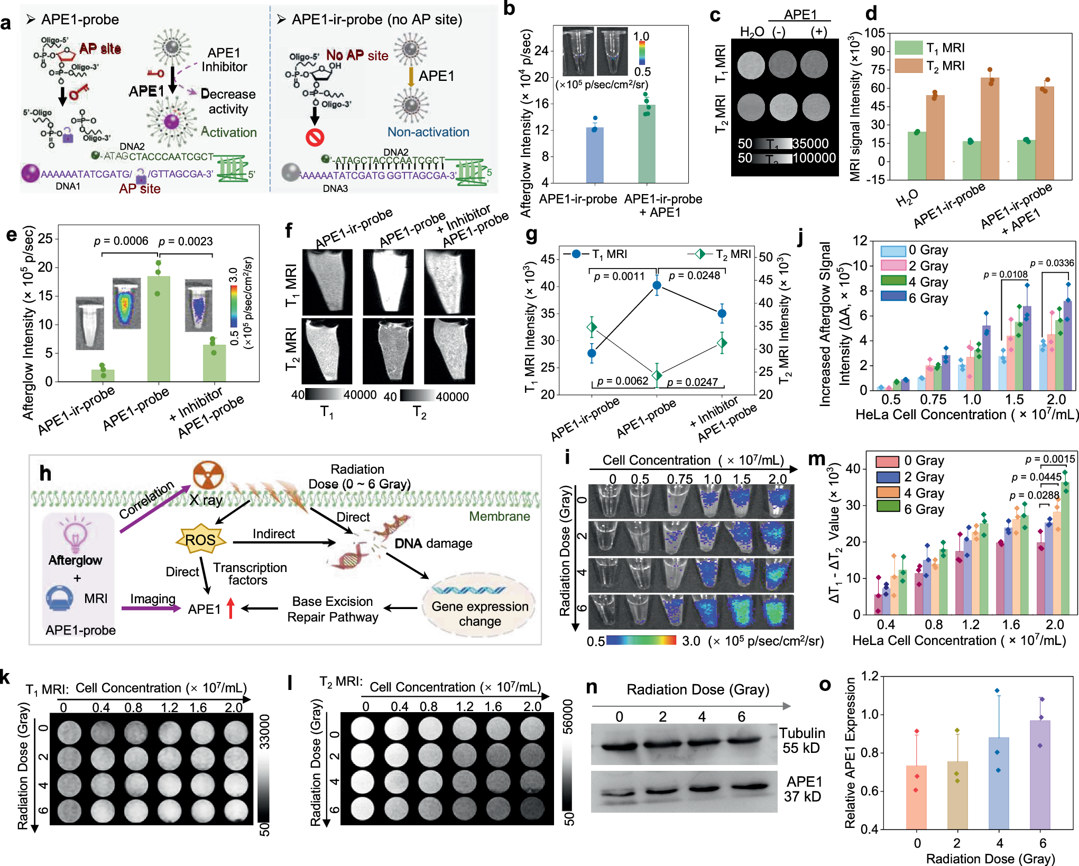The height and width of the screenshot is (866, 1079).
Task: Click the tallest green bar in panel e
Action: [158, 328]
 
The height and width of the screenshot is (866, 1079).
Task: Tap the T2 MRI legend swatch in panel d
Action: [908, 66]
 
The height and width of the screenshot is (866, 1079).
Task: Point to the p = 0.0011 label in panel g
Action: [619, 276]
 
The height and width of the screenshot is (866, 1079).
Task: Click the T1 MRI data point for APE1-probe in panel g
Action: [657, 285]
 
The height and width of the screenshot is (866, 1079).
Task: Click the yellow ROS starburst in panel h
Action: [200, 540]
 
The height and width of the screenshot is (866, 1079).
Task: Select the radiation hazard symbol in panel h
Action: [208, 475]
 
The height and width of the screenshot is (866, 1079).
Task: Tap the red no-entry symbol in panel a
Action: [315, 137]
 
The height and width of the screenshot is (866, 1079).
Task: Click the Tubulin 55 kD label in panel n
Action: [801, 740]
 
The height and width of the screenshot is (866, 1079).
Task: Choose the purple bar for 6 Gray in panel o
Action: [1040, 774]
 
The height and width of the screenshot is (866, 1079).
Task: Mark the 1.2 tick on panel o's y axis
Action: [869, 676]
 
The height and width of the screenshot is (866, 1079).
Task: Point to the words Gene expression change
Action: [479, 613]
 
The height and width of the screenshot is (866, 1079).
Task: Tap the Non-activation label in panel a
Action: [428, 132]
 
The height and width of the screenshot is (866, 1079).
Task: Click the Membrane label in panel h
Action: [499, 516]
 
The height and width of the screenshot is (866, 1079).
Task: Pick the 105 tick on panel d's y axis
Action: [874, 33]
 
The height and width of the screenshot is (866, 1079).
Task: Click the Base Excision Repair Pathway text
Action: [333, 609]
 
